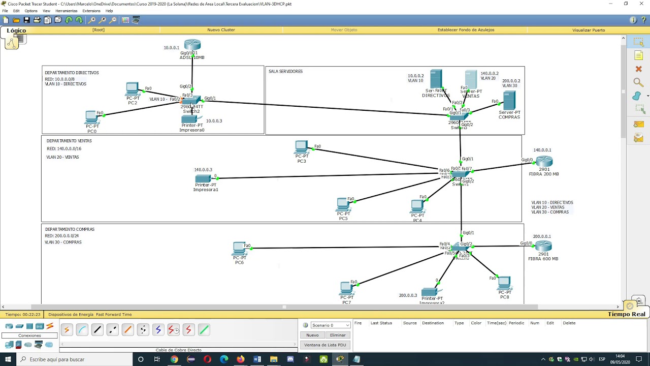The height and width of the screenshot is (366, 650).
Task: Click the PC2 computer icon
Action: pyautogui.click(x=132, y=89)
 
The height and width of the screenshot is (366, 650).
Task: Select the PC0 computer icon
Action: pyautogui.click(x=91, y=117)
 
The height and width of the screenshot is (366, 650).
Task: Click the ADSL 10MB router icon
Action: pyautogui.click(x=192, y=45)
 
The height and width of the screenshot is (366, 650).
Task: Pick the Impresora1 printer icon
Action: pyautogui.click(x=203, y=178)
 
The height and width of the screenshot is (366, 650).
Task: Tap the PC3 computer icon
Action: pyautogui.click(x=301, y=147)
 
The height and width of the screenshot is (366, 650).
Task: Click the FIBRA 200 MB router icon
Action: pyautogui.click(x=544, y=162)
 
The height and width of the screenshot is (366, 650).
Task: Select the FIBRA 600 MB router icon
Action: pyautogui.click(x=543, y=247)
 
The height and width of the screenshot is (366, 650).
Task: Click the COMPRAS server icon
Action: pyautogui.click(x=509, y=100)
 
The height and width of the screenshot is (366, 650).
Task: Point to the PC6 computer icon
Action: pyautogui.click(x=239, y=249)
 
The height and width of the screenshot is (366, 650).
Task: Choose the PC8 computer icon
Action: pyautogui.click(x=504, y=283)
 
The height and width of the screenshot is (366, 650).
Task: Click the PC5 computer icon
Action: pyautogui.click(x=343, y=205)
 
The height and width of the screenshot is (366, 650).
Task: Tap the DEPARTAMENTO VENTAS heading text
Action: pyautogui.click(x=69, y=141)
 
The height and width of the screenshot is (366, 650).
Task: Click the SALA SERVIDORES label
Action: pyautogui.click(x=285, y=72)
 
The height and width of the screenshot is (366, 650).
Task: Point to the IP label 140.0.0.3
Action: pyautogui.click(x=203, y=170)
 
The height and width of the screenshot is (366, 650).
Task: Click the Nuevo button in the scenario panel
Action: pyautogui.click(x=312, y=335)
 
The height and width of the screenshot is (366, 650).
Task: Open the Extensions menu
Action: pyautogui.click(x=91, y=11)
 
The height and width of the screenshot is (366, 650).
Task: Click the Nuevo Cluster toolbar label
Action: pyautogui.click(x=221, y=30)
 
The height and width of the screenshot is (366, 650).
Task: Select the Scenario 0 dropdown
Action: pyautogui.click(x=330, y=325)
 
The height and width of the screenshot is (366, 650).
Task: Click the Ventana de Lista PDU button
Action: pyautogui.click(x=325, y=345)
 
